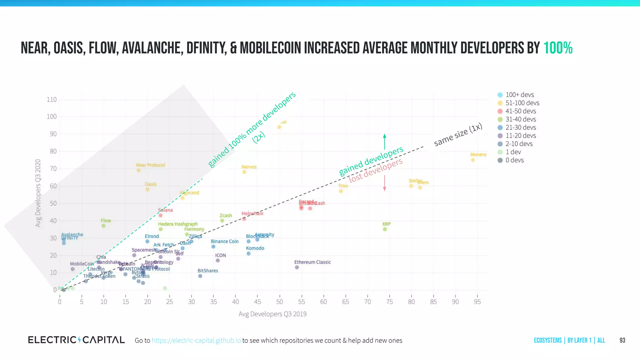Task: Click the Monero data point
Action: click(472, 160)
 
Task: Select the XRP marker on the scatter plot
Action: click(385, 229)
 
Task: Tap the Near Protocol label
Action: click(150, 165)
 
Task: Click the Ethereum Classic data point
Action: click(297, 267)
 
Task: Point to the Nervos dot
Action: click(244, 172)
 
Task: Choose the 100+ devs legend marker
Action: click(500, 95)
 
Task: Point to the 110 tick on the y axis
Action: click(52, 100)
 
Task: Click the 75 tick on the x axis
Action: click(389, 302)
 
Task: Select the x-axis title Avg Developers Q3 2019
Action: click(272, 314)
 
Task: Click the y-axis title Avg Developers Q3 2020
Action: click(38, 193)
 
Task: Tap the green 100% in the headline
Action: click(558, 48)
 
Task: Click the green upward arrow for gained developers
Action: click(384, 142)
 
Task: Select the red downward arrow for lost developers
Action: click(384, 183)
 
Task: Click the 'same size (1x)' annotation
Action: click(458, 135)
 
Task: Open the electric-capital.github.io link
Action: click(196, 341)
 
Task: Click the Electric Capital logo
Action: click(76, 340)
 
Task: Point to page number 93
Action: click(622, 341)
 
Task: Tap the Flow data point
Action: click(103, 226)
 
